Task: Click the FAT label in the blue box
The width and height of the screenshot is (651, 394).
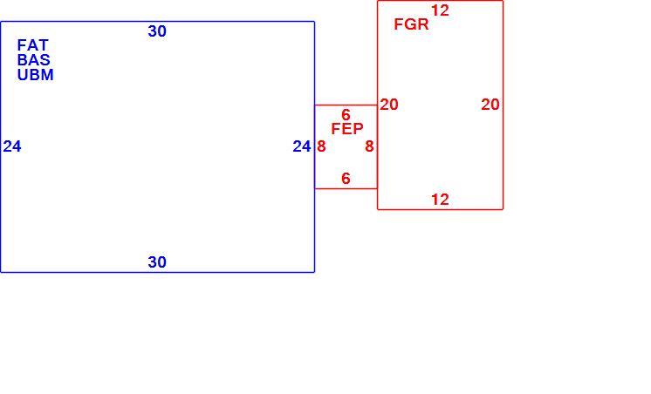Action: [33, 44]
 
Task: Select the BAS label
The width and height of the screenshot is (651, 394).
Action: [34, 60]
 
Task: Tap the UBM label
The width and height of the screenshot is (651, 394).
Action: [35, 75]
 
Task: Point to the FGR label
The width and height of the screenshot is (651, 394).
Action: [411, 24]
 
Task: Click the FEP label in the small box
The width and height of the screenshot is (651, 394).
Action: [347, 128]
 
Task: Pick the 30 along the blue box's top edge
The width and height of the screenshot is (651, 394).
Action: [157, 31]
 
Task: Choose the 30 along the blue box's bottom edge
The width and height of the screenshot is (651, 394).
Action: [157, 262]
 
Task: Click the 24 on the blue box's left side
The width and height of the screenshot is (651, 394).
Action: [12, 146]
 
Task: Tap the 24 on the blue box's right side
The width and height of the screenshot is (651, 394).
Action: [302, 146]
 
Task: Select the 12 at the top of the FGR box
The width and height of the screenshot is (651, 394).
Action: [440, 10]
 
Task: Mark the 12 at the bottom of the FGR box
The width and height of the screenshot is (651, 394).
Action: [440, 200]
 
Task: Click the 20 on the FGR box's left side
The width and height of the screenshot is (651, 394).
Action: [389, 104]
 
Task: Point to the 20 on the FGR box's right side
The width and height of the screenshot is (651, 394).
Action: [490, 104]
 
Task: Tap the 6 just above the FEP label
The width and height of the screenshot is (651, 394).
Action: [346, 114]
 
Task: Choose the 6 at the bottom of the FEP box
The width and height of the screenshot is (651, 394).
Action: [346, 179]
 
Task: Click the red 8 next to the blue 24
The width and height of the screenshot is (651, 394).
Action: [321, 146]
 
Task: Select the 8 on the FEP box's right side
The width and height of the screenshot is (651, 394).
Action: [369, 146]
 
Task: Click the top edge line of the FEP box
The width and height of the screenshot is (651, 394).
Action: [346, 105]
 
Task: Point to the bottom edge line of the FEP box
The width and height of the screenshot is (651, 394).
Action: [346, 188]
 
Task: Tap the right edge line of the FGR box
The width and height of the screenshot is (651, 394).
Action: [503, 105]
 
